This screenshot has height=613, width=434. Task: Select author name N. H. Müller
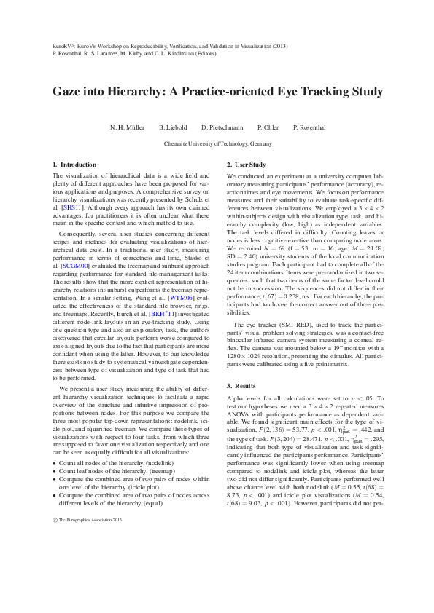pyautogui.click(x=125, y=127)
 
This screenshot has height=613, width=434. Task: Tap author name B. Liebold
pyautogui.click(x=172, y=127)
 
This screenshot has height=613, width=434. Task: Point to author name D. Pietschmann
pyautogui.click(x=222, y=127)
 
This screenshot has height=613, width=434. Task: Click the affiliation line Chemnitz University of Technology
pyautogui.click(x=217, y=144)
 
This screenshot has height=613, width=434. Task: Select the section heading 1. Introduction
pyautogui.click(x=75, y=165)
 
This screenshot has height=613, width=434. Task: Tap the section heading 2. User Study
pyautogui.click(x=246, y=165)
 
